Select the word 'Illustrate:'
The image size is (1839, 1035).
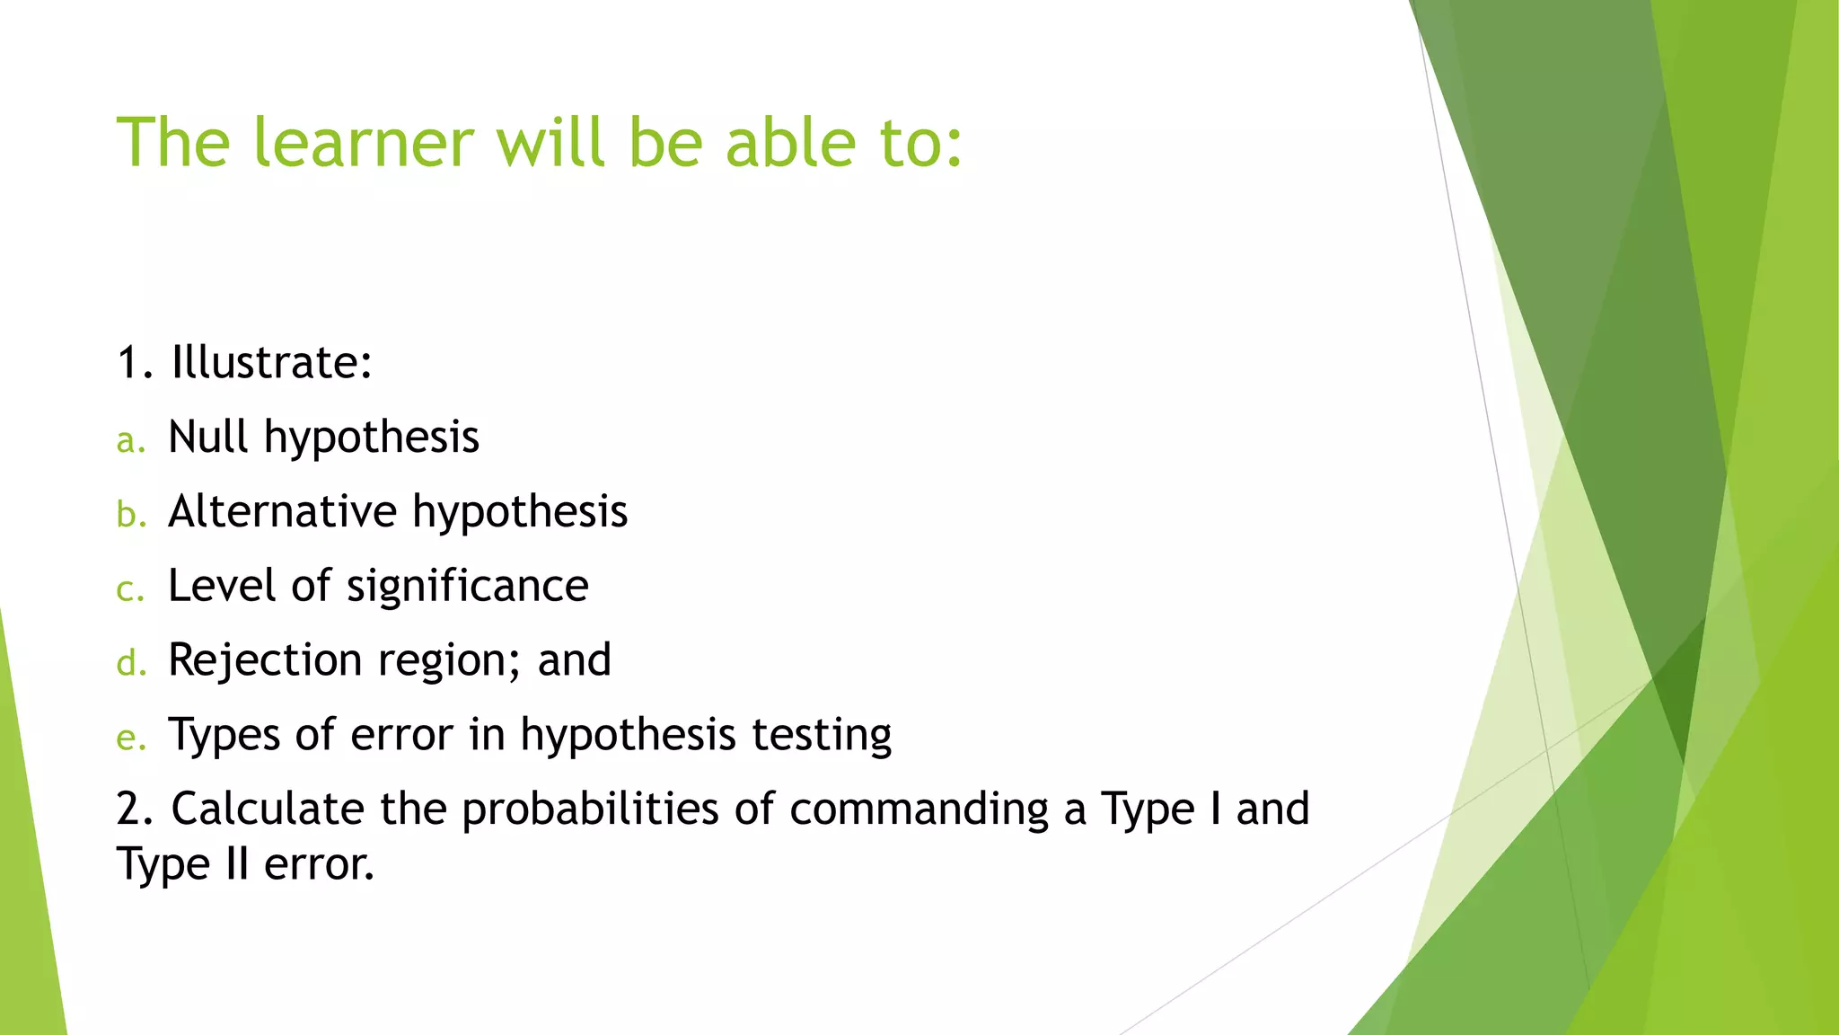tap(271, 363)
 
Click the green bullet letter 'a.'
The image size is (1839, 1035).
tap(130, 441)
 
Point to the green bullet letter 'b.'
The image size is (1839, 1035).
tap(131, 515)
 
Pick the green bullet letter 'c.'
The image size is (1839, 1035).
tap(130, 590)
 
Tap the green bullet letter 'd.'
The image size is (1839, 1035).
tap(131, 664)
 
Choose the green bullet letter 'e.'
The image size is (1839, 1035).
tap(131, 739)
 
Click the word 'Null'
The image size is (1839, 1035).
tap(207, 438)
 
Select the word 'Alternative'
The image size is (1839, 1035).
tap(282, 512)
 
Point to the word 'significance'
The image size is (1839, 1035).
tap(467, 588)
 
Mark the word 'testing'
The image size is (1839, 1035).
tap(821, 736)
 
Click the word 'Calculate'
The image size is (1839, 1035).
tap(268, 809)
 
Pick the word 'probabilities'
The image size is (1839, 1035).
tap(590, 810)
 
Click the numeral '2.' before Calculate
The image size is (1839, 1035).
tap(135, 809)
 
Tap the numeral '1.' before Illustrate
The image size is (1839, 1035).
tap(135, 363)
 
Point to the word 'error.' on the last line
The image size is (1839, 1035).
tap(319, 865)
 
